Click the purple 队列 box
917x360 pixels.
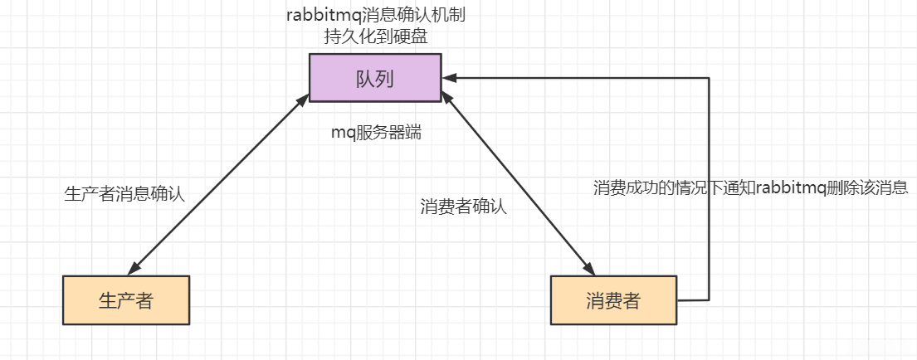[x=375, y=79]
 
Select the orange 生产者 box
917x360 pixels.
[x=126, y=299]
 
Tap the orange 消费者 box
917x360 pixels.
[x=613, y=299]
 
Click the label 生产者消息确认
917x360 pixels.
[x=124, y=194]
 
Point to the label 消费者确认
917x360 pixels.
[x=463, y=207]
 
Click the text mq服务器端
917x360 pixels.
[x=376, y=133]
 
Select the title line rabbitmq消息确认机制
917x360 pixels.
[x=381, y=16]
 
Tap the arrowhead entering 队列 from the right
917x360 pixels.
[x=449, y=78]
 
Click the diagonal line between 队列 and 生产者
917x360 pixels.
[x=217, y=184]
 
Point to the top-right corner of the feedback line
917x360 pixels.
[x=709, y=78]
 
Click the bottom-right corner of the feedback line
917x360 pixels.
[x=709, y=299]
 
